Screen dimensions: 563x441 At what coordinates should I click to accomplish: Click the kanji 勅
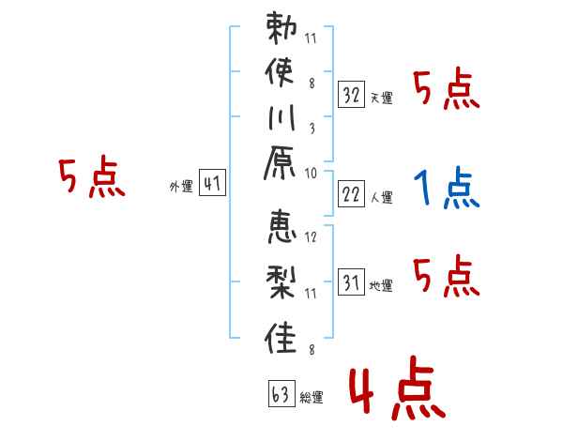click(x=281, y=28)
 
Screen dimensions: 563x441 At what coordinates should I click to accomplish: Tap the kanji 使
click(x=280, y=71)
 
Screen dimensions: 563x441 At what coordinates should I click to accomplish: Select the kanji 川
click(x=281, y=117)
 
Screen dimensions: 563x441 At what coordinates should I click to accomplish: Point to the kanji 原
click(x=280, y=163)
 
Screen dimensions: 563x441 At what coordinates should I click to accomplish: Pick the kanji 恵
click(x=281, y=227)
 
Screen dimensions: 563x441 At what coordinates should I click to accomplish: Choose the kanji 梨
click(x=281, y=282)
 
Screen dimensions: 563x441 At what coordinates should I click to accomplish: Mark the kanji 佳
click(x=281, y=338)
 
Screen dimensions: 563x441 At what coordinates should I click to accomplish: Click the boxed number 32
click(x=352, y=95)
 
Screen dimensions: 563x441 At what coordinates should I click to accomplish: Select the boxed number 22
click(x=352, y=193)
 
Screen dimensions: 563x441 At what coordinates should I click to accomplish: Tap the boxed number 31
click(x=352, y=281)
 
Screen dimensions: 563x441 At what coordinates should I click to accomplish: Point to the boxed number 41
click(x=213, y=182)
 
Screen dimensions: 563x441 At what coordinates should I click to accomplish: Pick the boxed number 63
click(x=281, y=393)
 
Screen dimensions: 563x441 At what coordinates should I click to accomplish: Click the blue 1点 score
click(x=447, y=187)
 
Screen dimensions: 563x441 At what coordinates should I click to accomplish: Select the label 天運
click(x=381, y=98)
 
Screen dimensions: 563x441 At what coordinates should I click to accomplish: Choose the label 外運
click(x=181, y=187)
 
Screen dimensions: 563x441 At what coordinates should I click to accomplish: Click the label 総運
click(x=312, y=397)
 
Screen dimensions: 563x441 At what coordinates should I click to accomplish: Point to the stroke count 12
click(x=311, y=236)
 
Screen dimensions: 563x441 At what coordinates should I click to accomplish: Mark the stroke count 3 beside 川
click(x=312, y=129)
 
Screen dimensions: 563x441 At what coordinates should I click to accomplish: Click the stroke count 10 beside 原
click(x=311, y=174)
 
